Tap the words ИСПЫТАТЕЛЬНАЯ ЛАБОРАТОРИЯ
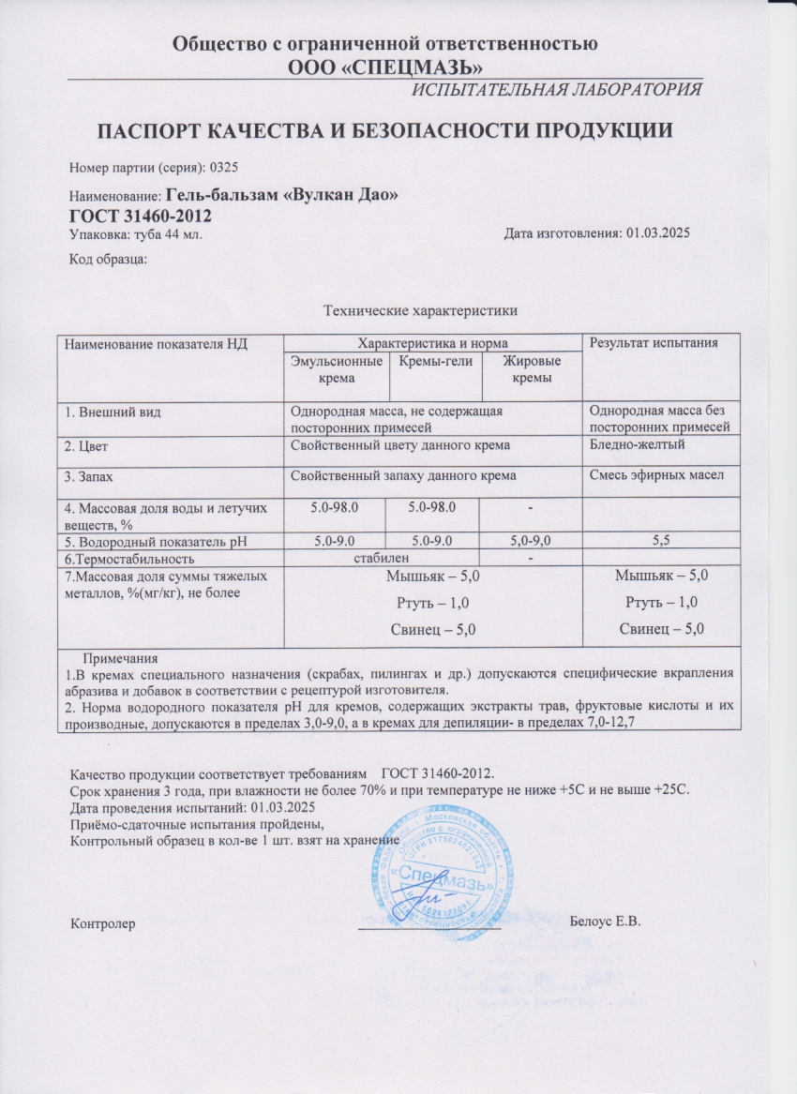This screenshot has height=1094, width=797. (557, 90)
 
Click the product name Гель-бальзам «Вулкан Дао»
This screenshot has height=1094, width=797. (282, 196)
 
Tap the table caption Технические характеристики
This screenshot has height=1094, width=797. (420, 310)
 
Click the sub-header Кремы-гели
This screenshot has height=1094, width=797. (435, 361)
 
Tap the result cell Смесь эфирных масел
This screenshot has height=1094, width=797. (655, 476)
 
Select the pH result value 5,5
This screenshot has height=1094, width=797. (661, 540)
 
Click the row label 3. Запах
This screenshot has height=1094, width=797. (97, 477)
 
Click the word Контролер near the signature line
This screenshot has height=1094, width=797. (104, 923)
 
